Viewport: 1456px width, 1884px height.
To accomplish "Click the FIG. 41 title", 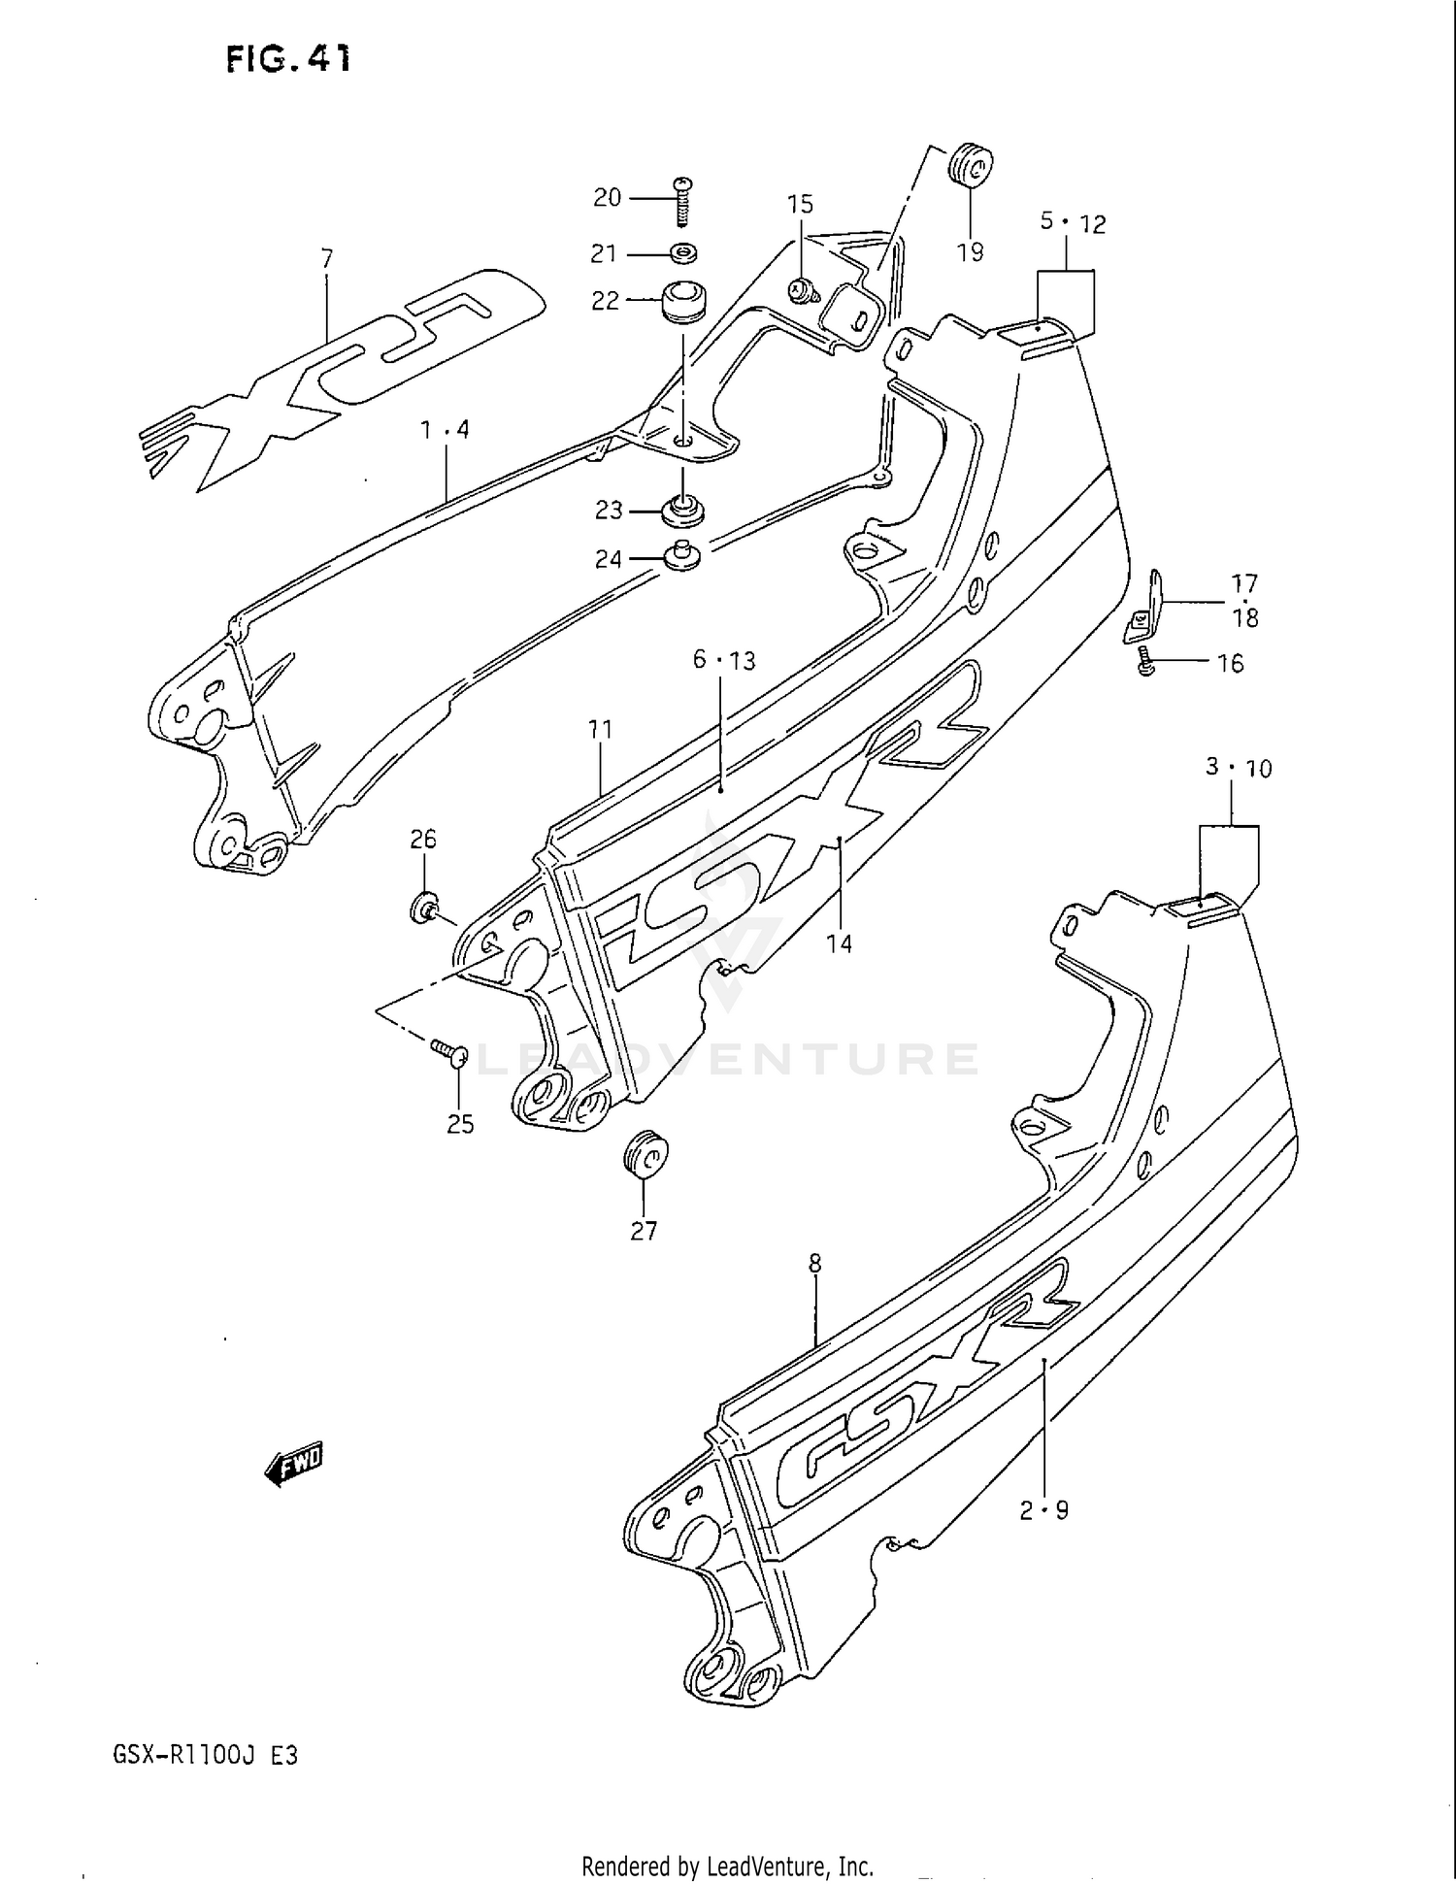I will point(288,59).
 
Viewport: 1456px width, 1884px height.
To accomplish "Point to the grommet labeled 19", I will point(970,165).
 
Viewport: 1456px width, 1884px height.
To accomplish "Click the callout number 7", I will point(326,258).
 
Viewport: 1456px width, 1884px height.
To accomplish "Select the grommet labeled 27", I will point(645,1153).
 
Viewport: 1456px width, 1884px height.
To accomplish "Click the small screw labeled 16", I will point(1146,663).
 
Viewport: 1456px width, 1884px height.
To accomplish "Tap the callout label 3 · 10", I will point(1238,768).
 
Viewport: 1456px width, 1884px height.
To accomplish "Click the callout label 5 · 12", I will point(1073,223).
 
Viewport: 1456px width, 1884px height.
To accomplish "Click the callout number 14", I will point(839,942).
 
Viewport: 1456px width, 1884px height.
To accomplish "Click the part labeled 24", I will point(681,556).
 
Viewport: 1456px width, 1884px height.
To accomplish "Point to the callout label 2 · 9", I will point(1043,1510).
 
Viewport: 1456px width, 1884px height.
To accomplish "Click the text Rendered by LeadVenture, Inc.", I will point(727,1866).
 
